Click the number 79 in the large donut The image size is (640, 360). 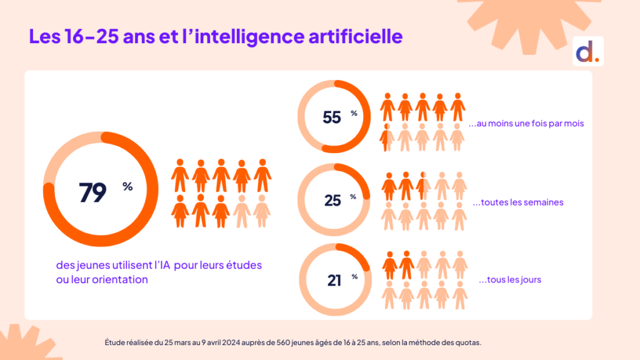(x=92, y=192)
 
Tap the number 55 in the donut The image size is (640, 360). (x=332, y=117)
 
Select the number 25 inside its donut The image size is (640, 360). (x=332, y=200)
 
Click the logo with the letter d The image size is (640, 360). (x=587, y=52)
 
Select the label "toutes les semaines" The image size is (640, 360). (x=518, y=202)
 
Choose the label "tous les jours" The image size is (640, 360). (x=509, y=279)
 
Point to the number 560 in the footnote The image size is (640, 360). (x=278, y=342)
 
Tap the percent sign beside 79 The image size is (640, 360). (x=127, y=186)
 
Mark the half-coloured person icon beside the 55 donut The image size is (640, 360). (x=387, y=136)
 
